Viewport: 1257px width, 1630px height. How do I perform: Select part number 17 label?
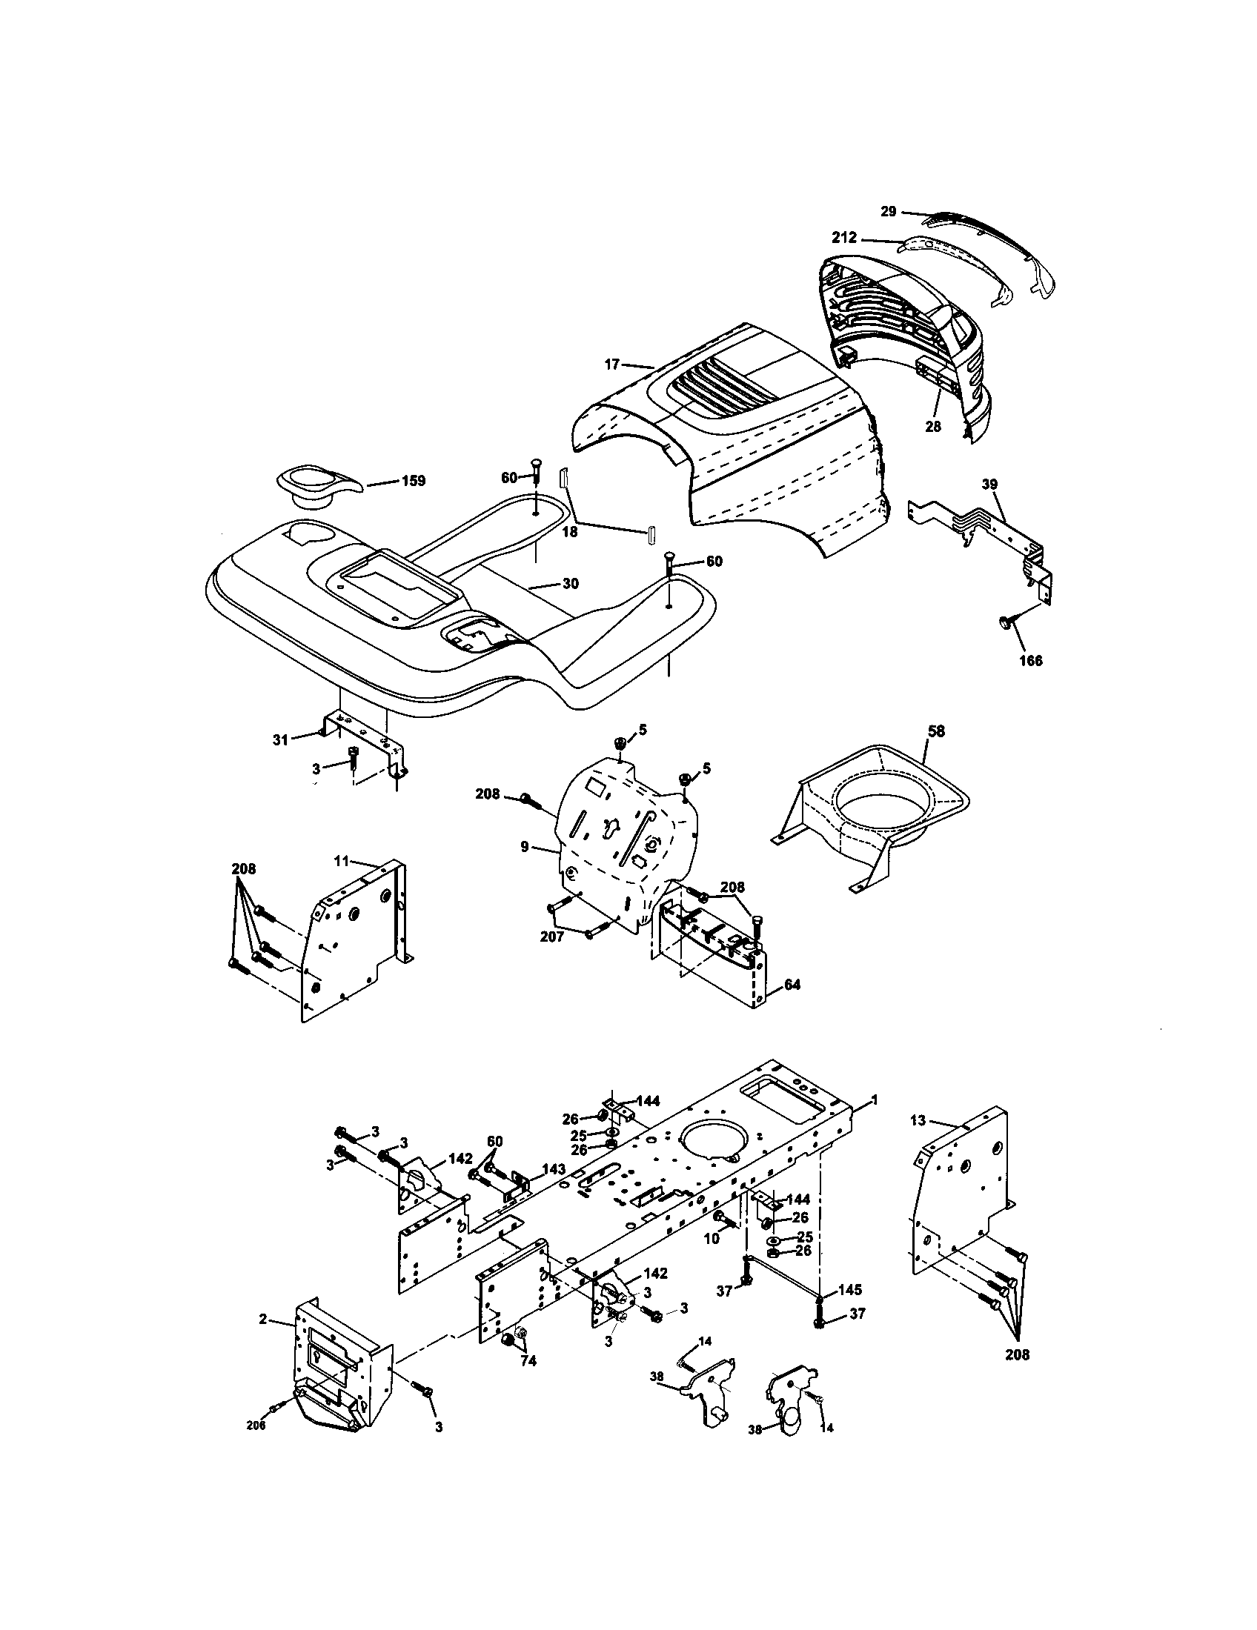(612, 365)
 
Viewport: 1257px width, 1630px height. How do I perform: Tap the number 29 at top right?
(887, 211)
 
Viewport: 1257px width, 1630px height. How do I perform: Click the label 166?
(1030, 660)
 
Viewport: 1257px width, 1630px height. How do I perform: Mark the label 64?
(793, 985)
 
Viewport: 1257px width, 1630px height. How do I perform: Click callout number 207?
(552, 936)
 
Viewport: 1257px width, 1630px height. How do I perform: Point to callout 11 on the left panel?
(341, 860)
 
